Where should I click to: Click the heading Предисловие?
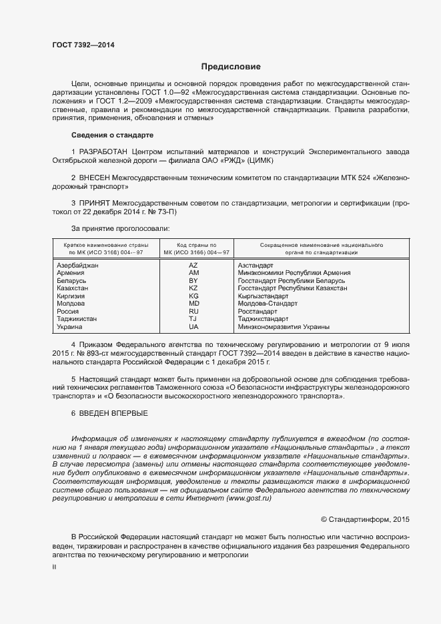pos(232,67)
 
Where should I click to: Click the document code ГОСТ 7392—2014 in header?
pos(83,45)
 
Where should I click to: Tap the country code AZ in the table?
pos(193,265)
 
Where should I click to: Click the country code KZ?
pos(193,288)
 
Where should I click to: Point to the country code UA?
pos(193,326)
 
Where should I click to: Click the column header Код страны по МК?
pos(193,249)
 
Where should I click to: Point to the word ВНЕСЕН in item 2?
pos(98,178)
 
